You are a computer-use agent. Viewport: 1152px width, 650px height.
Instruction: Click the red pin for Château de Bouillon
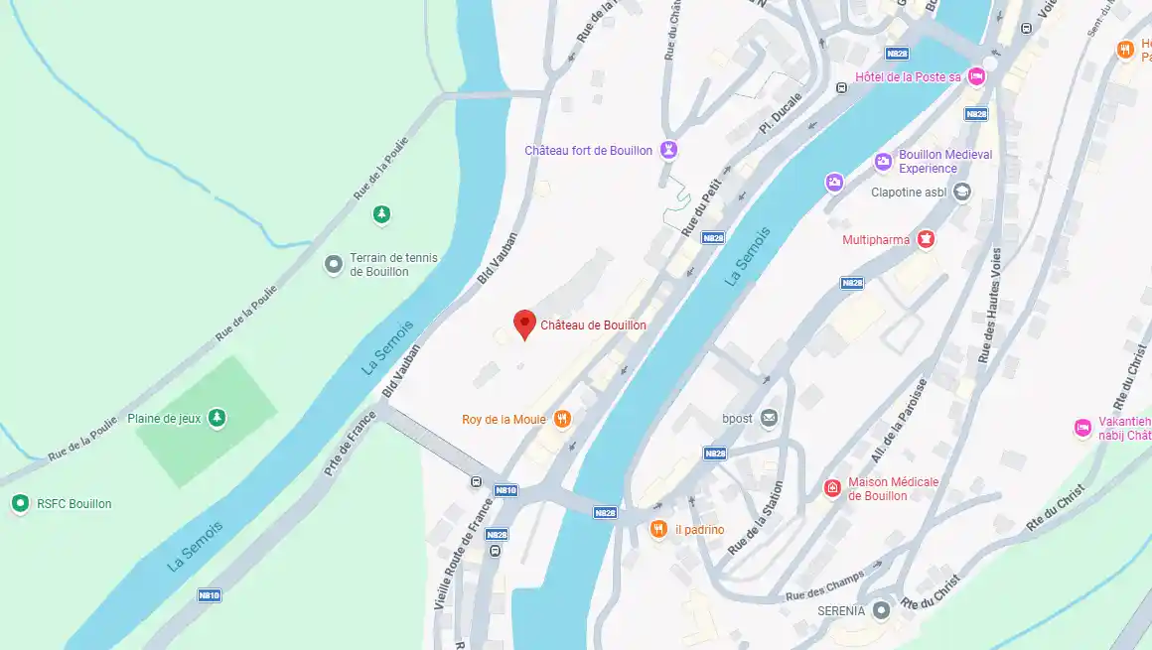tap(524, 324)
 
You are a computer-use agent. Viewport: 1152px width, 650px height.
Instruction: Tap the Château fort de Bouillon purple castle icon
tap(669, 150)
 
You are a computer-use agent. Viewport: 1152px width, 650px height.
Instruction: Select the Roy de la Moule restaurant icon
tap(562, 419)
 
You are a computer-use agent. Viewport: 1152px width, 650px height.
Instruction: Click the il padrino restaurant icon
tap(657, 529)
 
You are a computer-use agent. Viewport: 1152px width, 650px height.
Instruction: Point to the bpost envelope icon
tap(769, 419)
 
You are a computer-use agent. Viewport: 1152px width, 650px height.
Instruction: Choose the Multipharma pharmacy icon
tap(926, 239)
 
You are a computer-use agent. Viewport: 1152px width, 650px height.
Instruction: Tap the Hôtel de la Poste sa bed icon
tap(976, 77)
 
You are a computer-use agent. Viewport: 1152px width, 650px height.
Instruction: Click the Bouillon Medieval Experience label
tap(944, 161)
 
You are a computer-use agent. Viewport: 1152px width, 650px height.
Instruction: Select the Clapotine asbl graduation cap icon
tap(961, 193)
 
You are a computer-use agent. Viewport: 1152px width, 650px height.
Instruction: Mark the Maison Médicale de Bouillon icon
tap(832, 488)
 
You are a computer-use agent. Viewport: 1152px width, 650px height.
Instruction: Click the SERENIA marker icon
tap(880, 610)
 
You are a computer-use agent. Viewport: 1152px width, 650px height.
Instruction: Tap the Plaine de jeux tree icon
tap(216, 419)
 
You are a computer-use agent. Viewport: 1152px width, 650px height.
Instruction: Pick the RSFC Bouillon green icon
tap(19, 503)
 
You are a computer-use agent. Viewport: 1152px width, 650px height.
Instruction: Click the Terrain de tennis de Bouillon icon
tap(334, 265)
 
